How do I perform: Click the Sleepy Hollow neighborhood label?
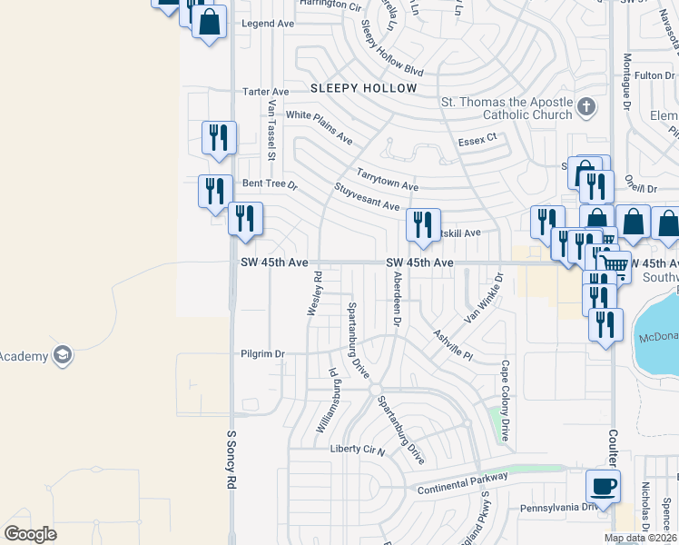click(363, 88)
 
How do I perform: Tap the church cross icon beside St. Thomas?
click(586, 107)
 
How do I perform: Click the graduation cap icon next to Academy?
click(63, 353)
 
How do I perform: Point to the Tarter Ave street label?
click(265, 92)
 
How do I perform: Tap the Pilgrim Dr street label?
click(263, 353)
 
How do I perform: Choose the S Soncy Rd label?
click(231, 461)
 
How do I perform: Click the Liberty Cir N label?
click(358, 449)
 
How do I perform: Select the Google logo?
click(31, 533)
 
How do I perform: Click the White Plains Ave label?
click(319, 128)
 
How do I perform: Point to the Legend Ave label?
click(263, 24)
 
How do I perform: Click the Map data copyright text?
click(639, 538)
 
